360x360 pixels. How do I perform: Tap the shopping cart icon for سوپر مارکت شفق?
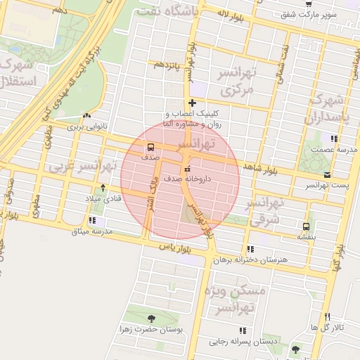309,4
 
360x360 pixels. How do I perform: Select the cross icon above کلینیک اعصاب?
191,103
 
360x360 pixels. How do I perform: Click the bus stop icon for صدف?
150,147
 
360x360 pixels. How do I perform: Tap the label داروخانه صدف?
188,179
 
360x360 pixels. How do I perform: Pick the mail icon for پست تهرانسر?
326,174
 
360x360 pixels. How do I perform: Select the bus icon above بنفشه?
305,226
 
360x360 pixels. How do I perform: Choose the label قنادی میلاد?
103,199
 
